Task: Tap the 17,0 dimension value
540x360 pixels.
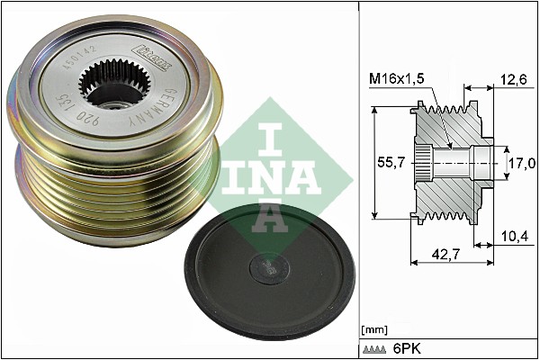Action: pos(522,163)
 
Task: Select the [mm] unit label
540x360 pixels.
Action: pos(373,330)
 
